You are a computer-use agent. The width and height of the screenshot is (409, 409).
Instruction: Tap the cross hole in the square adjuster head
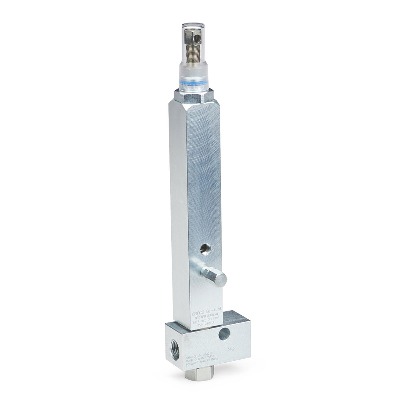click(197, 38)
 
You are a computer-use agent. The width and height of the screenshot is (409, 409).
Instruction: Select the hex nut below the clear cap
click(193, 96)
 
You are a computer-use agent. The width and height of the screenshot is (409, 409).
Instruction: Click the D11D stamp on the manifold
click(231, 349)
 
